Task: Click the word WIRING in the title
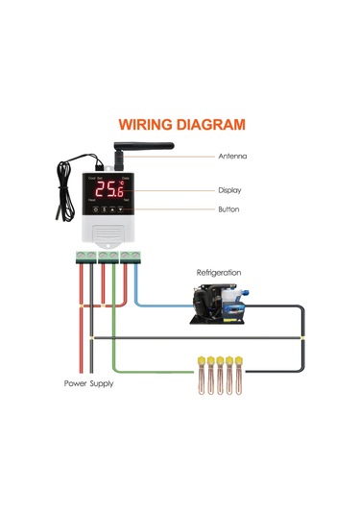[145, 124]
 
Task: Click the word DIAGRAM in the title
[208, 124]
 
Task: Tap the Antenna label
[232, 156]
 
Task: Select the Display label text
[229, 190]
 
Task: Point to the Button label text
[228, 209]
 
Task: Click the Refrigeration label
[219, 273]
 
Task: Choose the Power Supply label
[88, 382]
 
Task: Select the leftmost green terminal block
[85, 255]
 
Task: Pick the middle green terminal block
[108, 255]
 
